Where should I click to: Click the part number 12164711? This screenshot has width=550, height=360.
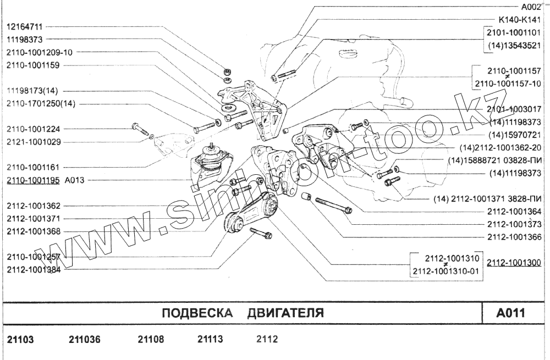pyautogui.click(x=25, y=26)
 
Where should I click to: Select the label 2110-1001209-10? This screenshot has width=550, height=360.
pyautogui.click(x=39, y=52)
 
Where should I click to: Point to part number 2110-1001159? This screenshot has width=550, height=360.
pyautogui.click(x=33, y=65)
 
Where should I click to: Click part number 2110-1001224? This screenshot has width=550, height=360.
pyautogui.click(x=33, y=129)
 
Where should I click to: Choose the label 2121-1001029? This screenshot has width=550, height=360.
pyautogui.click(x=33, y=142)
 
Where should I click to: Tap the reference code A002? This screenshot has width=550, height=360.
pyautogui.click(x=531, y=8)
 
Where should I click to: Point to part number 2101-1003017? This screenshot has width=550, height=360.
pyautogui.click(x=515, y=109)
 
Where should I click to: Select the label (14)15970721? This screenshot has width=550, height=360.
pyautogui.click(x=515, y=134)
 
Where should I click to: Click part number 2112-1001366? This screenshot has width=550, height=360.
pyautogui.click(x=515, y=237)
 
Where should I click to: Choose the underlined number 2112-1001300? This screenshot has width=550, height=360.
pyautogui.click(x=515, y=262)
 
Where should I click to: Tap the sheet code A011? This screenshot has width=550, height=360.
pyautogui.click(x=510, y=314)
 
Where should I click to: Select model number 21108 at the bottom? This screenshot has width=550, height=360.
pyautogui.click(x=151, y=340)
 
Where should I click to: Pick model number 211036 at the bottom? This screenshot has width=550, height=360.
pyautogui.click(x=85, y=340)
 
